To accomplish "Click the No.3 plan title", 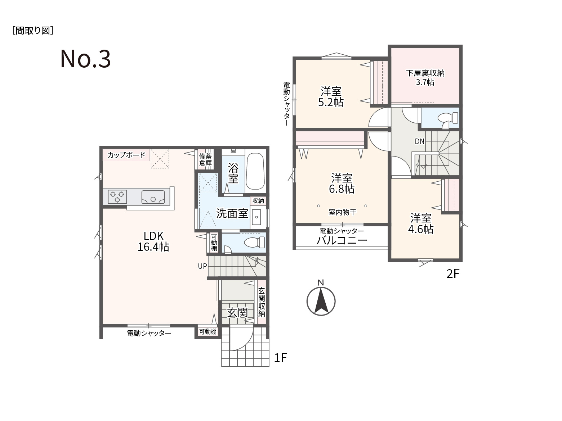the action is pos(85,59).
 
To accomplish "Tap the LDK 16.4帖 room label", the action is pos(153,241).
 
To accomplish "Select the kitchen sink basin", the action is pos(153,197).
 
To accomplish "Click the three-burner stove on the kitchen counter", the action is pos(117,197).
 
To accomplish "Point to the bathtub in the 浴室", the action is pos(255,171).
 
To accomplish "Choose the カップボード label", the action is pos(126,155).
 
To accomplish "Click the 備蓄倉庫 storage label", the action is pos(205,159).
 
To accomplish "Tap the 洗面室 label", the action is pos(232,213).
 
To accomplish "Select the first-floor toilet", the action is pos(254,242).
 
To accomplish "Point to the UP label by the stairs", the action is pos(202,266).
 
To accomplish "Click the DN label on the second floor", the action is pos(419,141).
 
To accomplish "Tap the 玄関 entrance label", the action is pos(237,312).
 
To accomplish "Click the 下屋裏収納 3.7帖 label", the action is pos(425,77).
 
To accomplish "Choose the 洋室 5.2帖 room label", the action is pos(331,97).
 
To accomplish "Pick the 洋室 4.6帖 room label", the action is pos(421,224).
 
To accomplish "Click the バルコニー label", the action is pos(342,240).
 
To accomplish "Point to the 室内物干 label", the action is pos(342,212).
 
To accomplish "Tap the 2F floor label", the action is pos(453,273).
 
